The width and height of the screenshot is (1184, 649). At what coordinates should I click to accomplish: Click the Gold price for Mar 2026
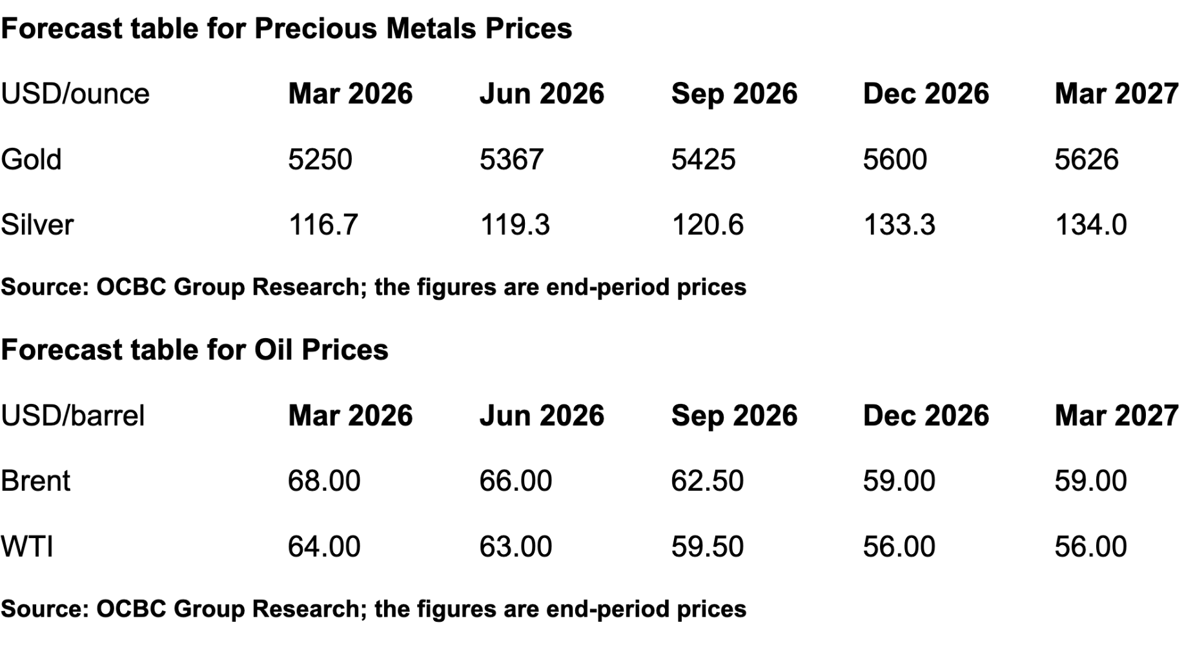(320, 159)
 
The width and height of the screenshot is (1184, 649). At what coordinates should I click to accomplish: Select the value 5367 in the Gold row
(511, 159)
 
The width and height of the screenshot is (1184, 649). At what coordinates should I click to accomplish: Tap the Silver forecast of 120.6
(708, 225)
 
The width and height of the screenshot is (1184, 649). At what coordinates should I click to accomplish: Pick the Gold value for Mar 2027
(1087, 159)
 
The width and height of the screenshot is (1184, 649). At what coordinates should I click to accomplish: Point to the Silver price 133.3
(899, 225)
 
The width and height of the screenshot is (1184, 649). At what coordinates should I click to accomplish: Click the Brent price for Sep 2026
(708, 481)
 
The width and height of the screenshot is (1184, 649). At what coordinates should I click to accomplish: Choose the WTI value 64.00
(324, 547)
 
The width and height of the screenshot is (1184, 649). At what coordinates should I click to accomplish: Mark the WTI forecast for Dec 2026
(899, 547)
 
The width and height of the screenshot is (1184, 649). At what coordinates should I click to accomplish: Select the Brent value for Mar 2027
(1090, 481)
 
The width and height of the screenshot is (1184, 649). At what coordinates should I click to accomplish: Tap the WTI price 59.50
(708, 547)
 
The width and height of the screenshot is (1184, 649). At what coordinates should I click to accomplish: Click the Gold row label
(31, 159)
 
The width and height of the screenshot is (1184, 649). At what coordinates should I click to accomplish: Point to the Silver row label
(37, 225)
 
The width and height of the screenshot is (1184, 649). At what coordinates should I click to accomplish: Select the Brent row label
(36, 481)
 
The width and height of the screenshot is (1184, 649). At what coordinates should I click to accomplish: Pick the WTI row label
(27, 547)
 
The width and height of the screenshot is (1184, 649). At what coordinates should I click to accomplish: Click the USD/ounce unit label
(75, 94)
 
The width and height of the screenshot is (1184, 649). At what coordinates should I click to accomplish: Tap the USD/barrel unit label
(72, 416)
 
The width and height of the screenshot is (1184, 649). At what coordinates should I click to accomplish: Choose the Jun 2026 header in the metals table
(542, 94)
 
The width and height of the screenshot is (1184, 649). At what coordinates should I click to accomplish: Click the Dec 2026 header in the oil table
(926, 416)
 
